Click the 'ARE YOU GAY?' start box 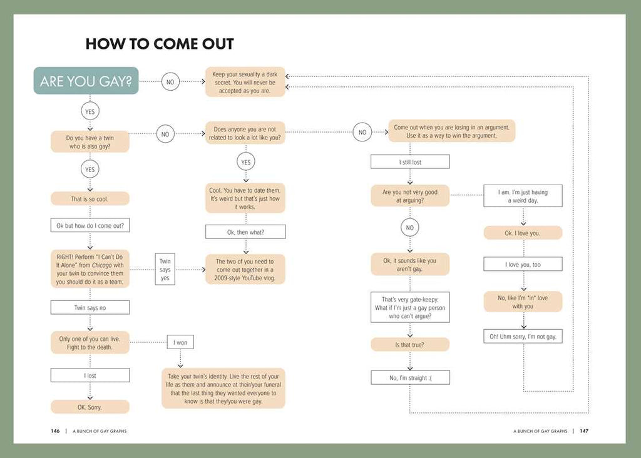click(86, 81)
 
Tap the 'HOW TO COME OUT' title click(160, 44)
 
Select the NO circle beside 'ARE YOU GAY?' click(170, 81)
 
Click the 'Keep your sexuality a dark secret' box click(245, 83)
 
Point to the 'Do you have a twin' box click(90, 141)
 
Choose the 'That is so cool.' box click(90, 199)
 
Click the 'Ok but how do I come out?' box click(90, 225)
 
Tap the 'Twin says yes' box click(165, 270)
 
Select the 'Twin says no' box click(90, 307)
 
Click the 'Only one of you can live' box click(90, 342)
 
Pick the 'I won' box click(180, 342)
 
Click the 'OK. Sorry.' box click(90, 407)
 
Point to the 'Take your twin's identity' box click(223, 389)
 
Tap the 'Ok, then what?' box click(245, 232)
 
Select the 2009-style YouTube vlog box click(245, 270)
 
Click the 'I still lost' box click(410, 162)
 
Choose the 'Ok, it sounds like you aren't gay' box click(410, 265)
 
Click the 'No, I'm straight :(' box click(410, 377)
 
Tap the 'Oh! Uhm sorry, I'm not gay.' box click(523, 337)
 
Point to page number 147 click(583, 430)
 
